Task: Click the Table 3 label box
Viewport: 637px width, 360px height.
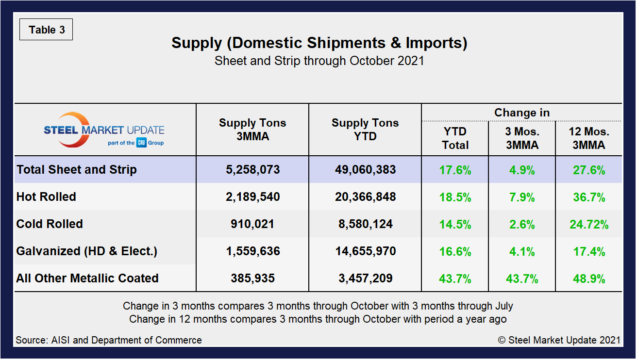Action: click(46, 30)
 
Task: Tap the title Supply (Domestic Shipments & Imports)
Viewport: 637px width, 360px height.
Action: click(319, 43)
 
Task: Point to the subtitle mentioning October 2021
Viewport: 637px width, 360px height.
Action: click(319, 61)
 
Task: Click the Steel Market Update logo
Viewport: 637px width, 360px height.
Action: click(104, 130)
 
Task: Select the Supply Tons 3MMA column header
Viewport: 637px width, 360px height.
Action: click(252, 130)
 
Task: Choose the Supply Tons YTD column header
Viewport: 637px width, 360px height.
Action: click(365, 130)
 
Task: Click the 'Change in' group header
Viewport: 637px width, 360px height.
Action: click(521, 113)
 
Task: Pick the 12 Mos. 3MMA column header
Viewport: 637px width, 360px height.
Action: click(589, 138)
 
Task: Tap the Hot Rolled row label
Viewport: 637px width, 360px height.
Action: click(46, 197)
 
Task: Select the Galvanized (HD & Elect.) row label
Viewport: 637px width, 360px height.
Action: click(87, 251)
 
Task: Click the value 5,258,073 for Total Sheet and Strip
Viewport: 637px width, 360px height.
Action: click(252, 170)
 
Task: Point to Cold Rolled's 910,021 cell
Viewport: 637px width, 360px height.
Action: click(252, 224)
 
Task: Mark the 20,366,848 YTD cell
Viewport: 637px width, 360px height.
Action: click(365, 197)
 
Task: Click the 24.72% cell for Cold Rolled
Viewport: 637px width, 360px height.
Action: click(589, 224)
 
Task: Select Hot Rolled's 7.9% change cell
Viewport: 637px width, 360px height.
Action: click(522, 197)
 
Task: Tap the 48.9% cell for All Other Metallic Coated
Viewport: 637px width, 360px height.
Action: click(589, 278)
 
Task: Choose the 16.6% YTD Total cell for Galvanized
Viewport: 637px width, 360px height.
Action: click(455, 251)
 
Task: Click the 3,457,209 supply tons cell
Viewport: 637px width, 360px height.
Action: click(365, 278)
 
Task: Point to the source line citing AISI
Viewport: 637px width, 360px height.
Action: click(109, 340)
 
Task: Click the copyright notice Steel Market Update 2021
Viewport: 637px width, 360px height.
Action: click(559, 340)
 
